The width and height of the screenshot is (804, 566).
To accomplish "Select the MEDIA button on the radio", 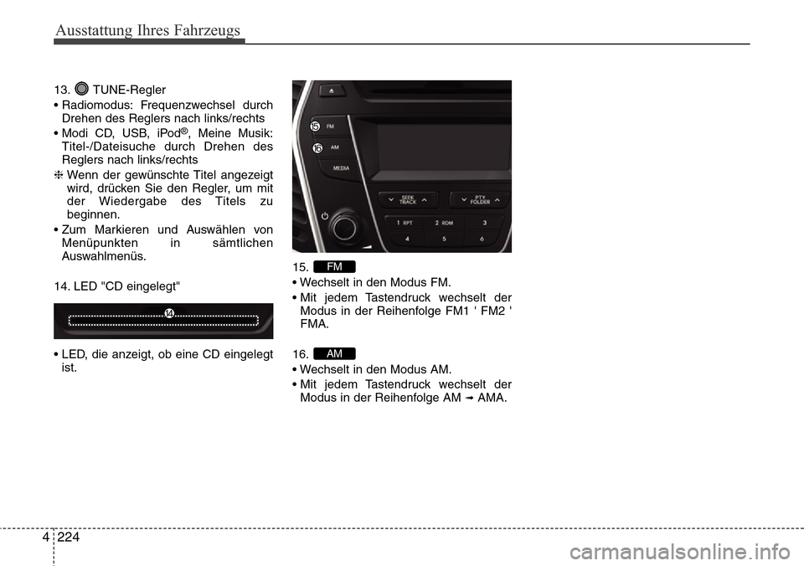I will [x=341, y=167].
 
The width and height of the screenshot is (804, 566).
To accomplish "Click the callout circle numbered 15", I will [x=315, y=126].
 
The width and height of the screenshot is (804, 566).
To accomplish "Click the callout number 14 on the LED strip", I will [x=168, y=312].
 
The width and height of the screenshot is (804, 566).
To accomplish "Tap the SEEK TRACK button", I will [x=407, y=201].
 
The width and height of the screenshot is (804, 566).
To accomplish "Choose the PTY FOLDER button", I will [x=479, y=201].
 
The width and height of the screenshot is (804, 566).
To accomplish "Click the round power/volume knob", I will [x=343, y=227].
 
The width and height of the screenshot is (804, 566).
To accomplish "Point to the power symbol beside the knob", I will [x=324, y=216].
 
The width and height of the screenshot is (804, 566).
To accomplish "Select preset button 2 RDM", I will [x=444, y=224].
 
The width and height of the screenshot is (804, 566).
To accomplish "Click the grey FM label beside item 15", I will [x=335, y=266].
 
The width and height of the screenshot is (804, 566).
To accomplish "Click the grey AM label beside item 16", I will [x=335, y=353].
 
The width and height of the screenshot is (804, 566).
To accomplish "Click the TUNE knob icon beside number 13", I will [x=81, y=89].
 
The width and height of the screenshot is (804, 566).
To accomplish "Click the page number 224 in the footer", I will [x=70, y=538].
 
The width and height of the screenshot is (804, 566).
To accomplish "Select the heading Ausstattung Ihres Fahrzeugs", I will [x=147, y=31].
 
